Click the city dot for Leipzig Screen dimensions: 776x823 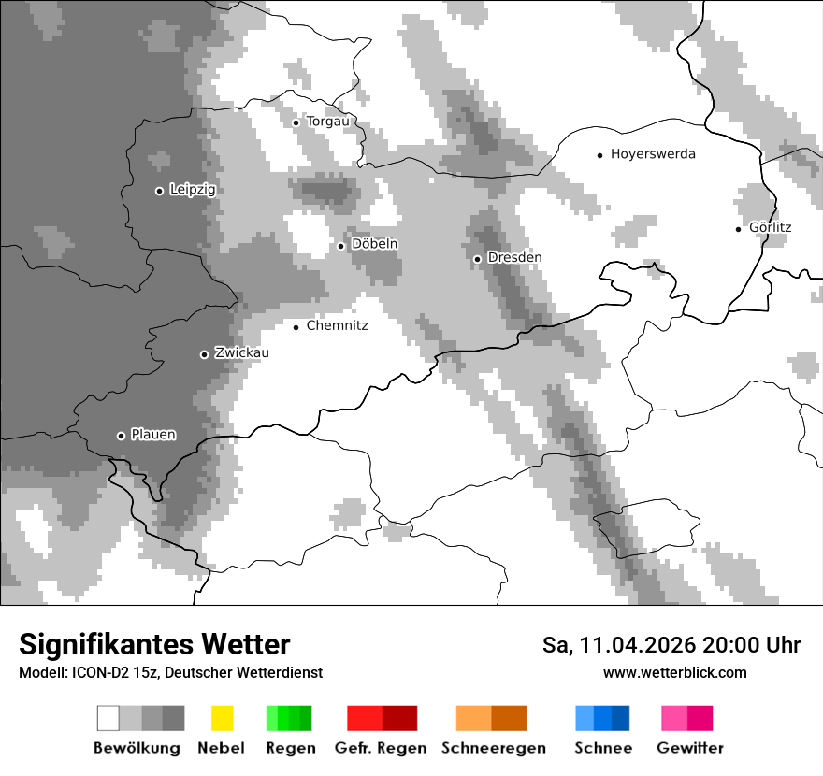(x=159, y=191)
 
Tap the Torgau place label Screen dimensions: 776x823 (x=327, y=122)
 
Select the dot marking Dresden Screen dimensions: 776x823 (x=477, y=259)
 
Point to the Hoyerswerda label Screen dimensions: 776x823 (x=653, y=154)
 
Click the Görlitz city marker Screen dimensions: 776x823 (x=739, y=228)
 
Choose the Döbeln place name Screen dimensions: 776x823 (x=374, y=244)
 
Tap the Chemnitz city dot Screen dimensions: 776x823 (x=296, y=327)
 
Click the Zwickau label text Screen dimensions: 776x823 (x=241, y=352)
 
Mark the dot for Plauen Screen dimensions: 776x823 (x=121, y=436)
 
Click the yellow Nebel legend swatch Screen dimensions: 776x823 (x=222, y=718)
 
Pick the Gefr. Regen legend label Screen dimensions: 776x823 (x=381, y=748)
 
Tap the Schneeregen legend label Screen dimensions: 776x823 (x=494, y=748)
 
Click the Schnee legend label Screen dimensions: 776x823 (x=603, y=748)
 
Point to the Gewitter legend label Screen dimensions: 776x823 (x=690, y=748)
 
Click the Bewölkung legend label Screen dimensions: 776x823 (x=137, y=748)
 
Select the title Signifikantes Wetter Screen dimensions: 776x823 (x=154, y=644)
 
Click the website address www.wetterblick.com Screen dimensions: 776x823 (x=675, y=672)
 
